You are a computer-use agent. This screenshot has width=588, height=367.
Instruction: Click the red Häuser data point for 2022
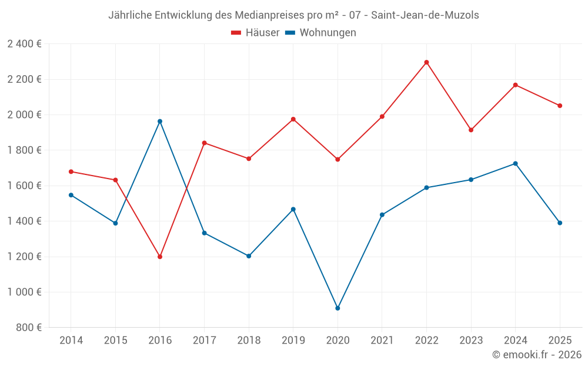click(426, 62)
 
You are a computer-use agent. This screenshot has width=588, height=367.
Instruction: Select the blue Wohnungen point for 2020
click(338, 308)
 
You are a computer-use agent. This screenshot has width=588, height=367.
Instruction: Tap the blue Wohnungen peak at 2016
click(160, 122)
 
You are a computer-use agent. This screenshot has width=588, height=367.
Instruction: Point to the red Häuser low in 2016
click(160, 257)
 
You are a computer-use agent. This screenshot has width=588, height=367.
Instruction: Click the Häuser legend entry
click(255, 33)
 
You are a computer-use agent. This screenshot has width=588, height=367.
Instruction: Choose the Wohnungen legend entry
click(320, 33)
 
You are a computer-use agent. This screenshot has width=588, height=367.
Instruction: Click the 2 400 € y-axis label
click(24, 44)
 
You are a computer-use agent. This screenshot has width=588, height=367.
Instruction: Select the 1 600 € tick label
click(24, 186)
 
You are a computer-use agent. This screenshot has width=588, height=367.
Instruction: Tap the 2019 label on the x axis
click(293, 341)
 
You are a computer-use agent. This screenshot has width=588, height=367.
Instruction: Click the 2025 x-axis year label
click(560, 341)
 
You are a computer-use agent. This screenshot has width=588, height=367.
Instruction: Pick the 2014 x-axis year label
click(71, 341)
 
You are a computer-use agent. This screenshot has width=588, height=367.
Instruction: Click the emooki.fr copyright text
click(536, 355)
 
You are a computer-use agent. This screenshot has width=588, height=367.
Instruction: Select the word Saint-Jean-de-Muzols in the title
click(425, 15)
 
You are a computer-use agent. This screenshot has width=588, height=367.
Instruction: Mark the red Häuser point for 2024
click(515, 85)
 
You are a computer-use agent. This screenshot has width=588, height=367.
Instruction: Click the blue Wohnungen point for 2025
click(560, 223)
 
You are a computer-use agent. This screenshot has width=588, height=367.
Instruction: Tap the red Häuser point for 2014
click(71, 171)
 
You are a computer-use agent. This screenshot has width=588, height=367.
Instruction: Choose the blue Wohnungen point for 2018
click(249, 256)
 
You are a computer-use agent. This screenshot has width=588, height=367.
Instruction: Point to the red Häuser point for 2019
click(293, 119)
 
